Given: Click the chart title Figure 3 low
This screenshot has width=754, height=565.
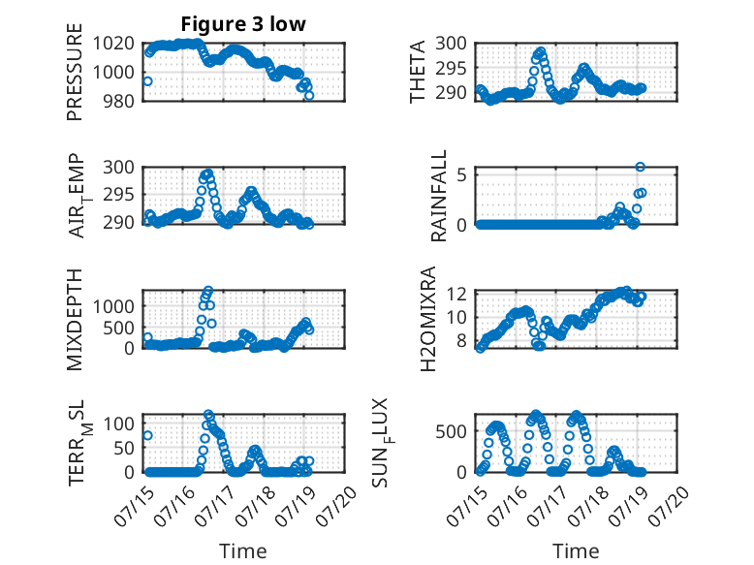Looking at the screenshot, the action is (x=243, y=24).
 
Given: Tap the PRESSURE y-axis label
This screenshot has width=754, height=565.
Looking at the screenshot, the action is (x=75, y=72).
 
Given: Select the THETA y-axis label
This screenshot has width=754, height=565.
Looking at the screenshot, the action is (x=418, y=72).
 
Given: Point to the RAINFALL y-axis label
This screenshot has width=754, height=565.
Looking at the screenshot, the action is (x=439, y=196).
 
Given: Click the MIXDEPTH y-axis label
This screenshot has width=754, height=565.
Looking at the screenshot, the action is (x=75, y=320).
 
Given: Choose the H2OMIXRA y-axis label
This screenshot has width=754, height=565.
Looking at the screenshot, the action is (x=427, y=319).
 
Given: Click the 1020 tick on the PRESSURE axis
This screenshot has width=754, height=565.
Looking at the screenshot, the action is (x=113, y=44).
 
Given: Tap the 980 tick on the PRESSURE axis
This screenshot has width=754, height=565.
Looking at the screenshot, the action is (x=119, y=101).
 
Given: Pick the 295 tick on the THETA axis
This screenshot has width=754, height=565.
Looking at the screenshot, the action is (x=451, y=68).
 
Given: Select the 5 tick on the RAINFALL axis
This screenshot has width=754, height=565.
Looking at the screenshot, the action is (x=461, y=174).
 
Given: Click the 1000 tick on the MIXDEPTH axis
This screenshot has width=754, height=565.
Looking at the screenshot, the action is (x=113, y=306).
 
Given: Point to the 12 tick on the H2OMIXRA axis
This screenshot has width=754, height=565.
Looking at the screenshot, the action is (x=456, y=294).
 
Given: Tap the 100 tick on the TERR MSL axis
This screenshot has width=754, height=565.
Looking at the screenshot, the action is (x=119, y=424).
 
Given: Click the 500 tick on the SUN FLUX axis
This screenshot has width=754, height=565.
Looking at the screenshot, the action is (x=451, y=431).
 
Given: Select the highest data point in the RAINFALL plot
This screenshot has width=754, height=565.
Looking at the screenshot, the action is (x=640, y=167).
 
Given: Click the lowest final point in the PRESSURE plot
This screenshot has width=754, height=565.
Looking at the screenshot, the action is (x=309, y=96).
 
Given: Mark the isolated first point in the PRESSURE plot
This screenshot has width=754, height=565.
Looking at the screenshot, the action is (x=147, y=81).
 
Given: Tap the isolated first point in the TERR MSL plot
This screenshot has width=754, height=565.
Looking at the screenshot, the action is (x=147, y=435).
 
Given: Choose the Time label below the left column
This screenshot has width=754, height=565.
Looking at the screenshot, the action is (x=243, y=551).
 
